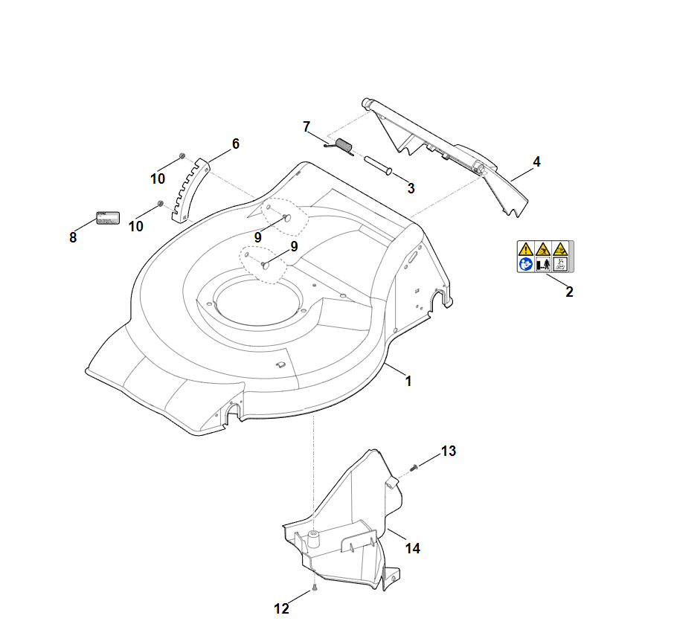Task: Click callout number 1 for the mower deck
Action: (x=408, y=381)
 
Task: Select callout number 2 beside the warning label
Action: (x=569, y=292)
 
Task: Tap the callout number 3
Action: (x=411, y=188)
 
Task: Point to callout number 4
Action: (x=536, y=161)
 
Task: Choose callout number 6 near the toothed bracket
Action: (x=236, y=144)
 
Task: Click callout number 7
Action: (x=306, y=126)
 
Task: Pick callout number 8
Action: (x=73, y=237)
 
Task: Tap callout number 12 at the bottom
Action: (x=281, y=608)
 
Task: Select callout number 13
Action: (x=449, y=451)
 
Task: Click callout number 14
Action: (x=413, y=548)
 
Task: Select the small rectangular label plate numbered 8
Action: (x=107, y=218)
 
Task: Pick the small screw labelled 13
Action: (x=414, y=467)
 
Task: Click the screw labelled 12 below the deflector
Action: (x=315, y=587)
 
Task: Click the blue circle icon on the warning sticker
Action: (x=526, y=263)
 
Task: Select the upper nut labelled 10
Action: (x=182, y=156)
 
